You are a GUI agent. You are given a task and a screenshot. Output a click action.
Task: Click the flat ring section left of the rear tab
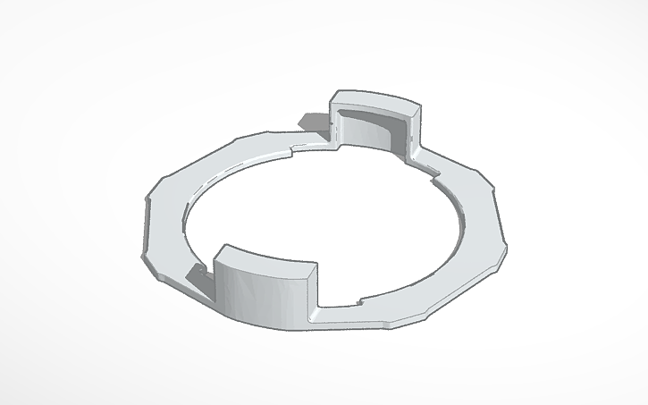click(x=250, y=152)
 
